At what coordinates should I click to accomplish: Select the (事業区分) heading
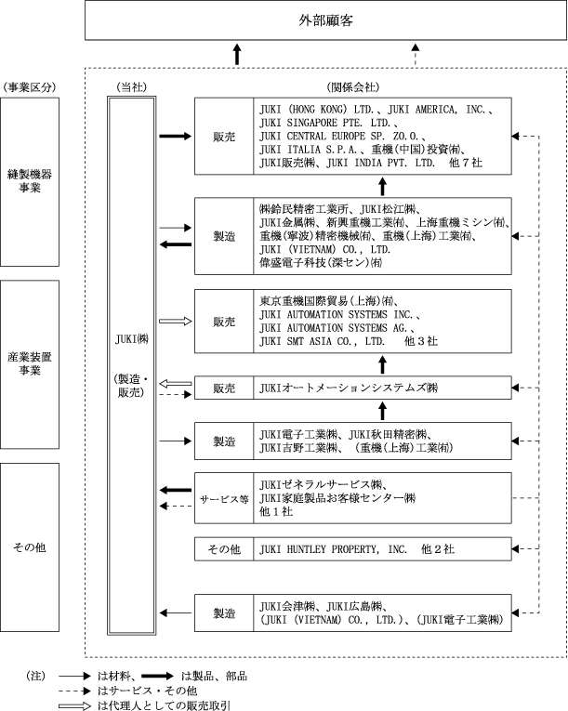click(x=32, y=87)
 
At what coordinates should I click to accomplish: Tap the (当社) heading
click(x=130, y=87)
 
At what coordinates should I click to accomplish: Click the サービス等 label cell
click(x=223, y=498)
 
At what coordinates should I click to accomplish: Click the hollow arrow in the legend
click(x=74, y=705)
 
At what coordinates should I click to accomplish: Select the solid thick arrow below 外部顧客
click(x=237, y=54)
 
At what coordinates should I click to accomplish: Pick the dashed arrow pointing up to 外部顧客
click(x=415, y=54)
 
